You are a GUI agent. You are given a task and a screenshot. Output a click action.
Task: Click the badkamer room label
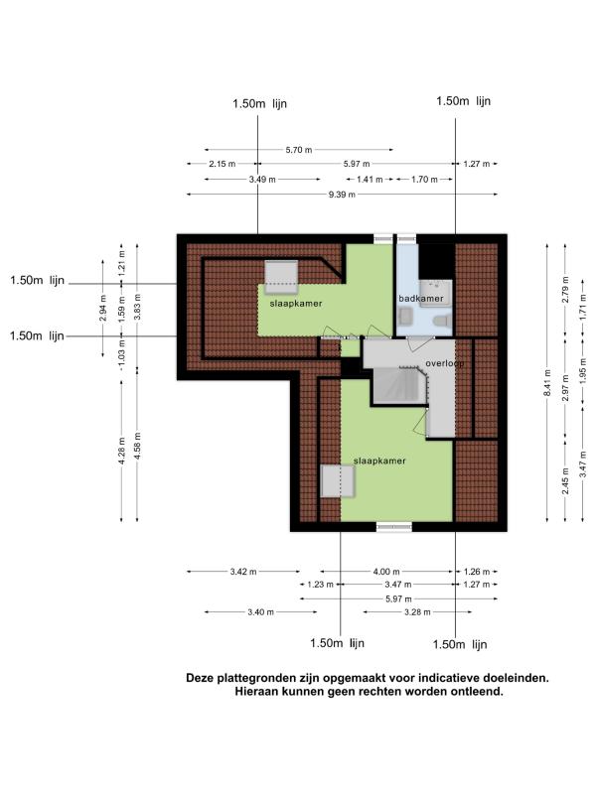[420, 299]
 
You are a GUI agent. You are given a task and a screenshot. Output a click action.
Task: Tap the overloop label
[444, 363]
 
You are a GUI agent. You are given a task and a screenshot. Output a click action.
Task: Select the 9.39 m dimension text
[342, 195]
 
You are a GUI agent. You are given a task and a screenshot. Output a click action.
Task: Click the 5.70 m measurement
[299, 150]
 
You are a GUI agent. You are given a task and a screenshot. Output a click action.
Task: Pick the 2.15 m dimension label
[222, 164]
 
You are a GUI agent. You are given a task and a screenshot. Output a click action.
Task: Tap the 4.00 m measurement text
[386, 572]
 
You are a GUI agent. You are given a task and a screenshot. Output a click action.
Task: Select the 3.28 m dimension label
[417, 612]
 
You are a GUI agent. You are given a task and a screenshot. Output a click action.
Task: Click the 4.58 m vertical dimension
[137, 446]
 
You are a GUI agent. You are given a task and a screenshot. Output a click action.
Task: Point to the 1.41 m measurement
[370, 179]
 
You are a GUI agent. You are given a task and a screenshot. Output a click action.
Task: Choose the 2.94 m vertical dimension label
[103, 308]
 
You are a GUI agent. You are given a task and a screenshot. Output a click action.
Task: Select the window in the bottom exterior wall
[393, 527]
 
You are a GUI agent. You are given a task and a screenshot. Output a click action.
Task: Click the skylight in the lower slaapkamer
[338, 481]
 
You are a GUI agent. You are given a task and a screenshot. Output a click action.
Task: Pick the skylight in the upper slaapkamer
[281, 277]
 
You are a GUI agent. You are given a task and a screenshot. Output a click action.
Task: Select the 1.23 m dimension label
[320, 585]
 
